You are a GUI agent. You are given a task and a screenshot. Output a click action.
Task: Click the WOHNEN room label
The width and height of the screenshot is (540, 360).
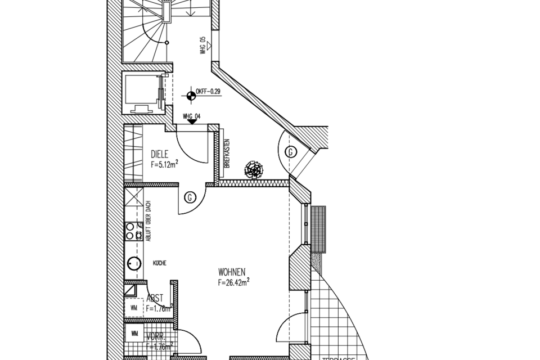coord(233,271)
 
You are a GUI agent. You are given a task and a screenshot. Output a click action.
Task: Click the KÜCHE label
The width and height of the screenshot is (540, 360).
coord(159,263)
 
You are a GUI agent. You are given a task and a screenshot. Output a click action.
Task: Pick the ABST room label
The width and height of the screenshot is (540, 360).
coord(155,299)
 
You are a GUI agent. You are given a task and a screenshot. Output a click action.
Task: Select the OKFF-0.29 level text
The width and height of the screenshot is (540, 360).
coord(209,91)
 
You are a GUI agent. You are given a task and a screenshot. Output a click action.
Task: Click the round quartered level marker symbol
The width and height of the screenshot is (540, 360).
coord(191,95)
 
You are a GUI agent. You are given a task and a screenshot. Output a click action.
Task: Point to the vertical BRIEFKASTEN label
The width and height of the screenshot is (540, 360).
coord(227,154)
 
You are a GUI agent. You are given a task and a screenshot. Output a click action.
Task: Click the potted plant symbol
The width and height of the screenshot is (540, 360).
coord(254,169)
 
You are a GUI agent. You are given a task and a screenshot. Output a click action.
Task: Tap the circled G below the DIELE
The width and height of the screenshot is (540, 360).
coord(191,197)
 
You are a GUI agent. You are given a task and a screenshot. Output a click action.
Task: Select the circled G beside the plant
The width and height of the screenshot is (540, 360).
coord(291,152)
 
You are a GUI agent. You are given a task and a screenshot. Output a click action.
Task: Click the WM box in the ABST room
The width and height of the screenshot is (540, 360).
coord(134,308)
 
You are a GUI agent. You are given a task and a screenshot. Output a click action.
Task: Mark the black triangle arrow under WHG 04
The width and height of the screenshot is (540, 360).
coord(192,120)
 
